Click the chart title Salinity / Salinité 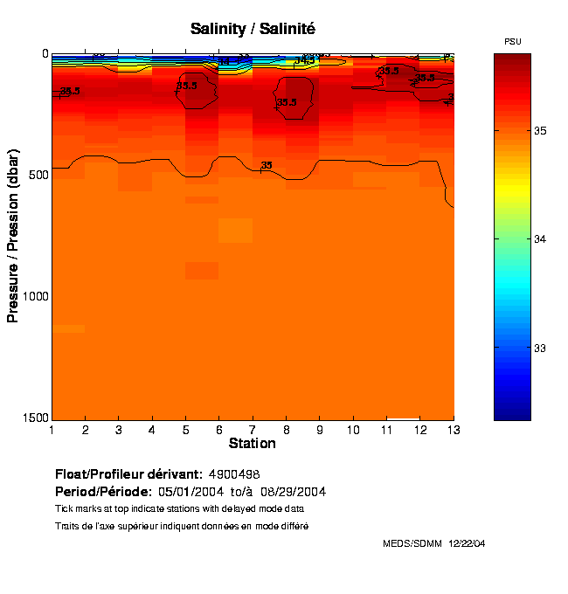pos(253,29)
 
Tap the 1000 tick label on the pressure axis pos(33,297)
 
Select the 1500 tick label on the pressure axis pos(33,418)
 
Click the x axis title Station pos(253,444)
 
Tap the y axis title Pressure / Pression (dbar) pos(13,236)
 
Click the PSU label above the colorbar pos(514,41)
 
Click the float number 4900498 pos(239,473)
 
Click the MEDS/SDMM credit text pos(412,543)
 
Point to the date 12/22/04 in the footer pos(467,543)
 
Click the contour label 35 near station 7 pos(267,165)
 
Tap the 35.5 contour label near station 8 pos(287,102)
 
